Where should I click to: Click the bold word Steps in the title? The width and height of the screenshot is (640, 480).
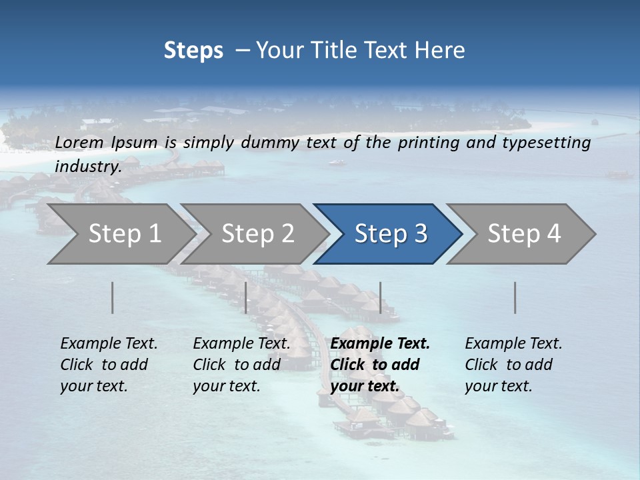click(193, 51)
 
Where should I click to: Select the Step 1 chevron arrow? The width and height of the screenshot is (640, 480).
click(120, 234)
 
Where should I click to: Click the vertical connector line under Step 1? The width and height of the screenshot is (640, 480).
click(113, 297)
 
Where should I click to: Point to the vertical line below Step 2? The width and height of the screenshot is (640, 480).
click(246, 297)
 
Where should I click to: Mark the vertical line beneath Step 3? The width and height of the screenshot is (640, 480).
click(381, 297)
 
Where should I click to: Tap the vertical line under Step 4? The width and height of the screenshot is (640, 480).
click(515, 297)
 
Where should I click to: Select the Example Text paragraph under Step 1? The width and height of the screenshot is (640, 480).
click(109, 365)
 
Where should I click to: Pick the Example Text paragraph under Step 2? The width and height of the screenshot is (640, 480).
click(241, 365)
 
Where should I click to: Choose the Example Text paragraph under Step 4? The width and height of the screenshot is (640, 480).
click(513, 365)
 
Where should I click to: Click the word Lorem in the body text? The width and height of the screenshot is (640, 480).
click(79, 143)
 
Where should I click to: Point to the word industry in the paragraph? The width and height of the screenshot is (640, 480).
click(87, 166)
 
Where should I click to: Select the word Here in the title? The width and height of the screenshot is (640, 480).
click(444, 51)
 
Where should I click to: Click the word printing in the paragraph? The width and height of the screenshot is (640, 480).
click(427, 143)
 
